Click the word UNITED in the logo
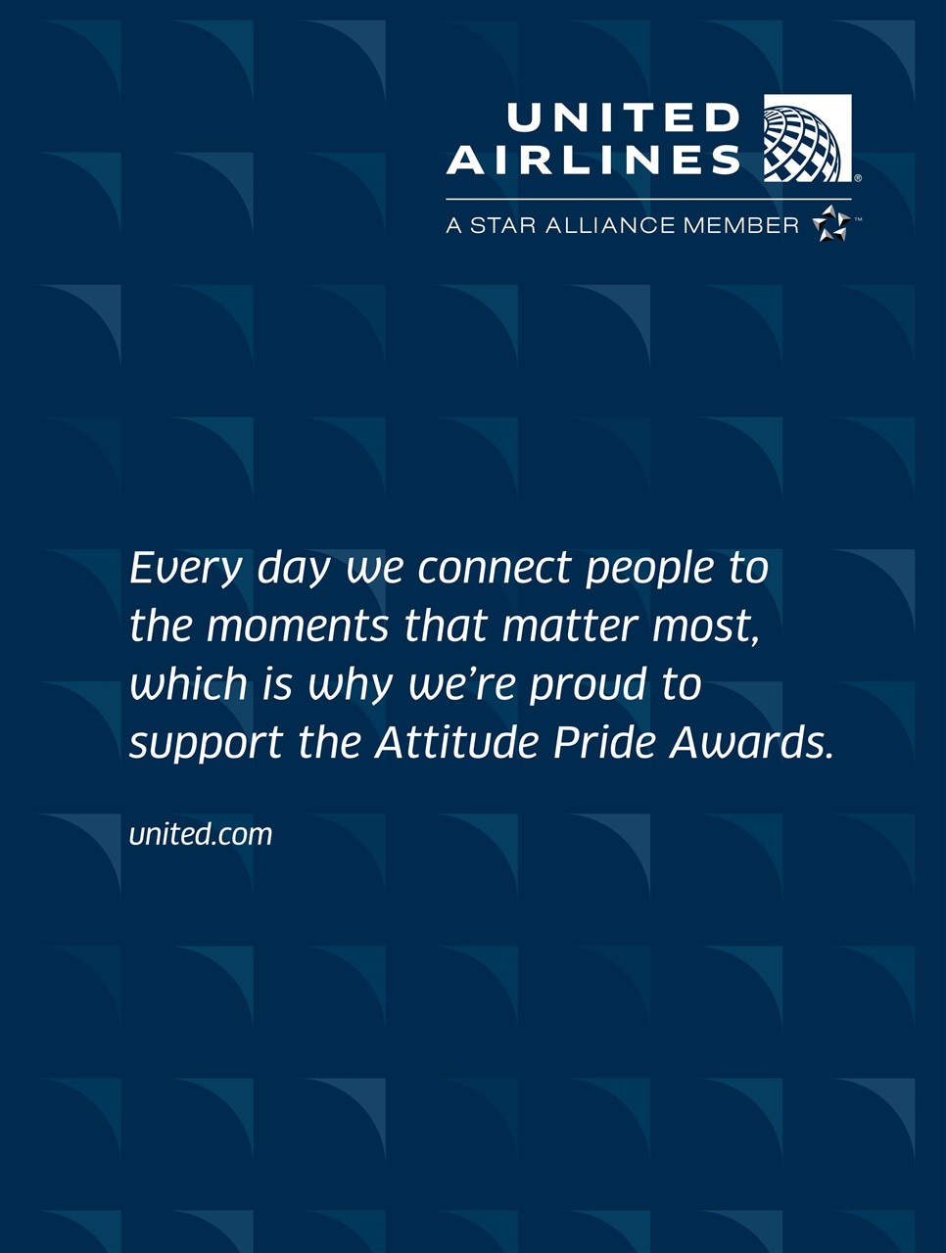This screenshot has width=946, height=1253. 623,118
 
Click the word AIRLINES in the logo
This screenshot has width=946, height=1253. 593,161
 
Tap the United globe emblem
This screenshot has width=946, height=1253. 807,138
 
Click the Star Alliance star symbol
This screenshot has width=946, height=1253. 830,224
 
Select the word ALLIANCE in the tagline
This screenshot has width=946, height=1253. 607,226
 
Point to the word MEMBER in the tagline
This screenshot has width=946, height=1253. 741,226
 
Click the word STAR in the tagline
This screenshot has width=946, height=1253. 502,226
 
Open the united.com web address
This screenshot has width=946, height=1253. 201,834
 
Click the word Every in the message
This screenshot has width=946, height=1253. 186,569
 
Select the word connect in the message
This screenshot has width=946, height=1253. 495,569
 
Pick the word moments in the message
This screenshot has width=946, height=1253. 298,626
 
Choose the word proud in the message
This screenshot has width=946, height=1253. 588,685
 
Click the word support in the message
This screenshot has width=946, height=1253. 206,745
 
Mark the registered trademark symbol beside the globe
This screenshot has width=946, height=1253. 858,178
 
